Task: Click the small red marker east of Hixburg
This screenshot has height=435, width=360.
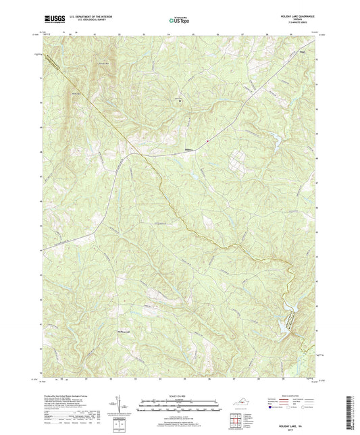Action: pyautogui.click(x=209, y=140)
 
